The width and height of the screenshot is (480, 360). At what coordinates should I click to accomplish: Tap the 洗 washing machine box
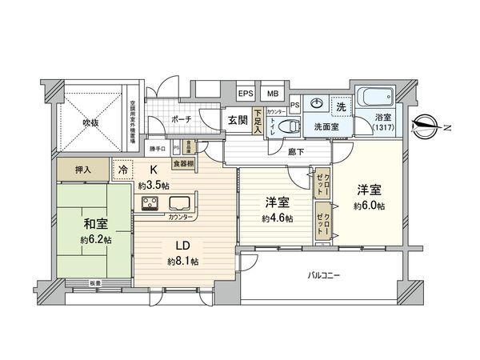340,106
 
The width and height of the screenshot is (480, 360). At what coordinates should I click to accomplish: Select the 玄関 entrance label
237,120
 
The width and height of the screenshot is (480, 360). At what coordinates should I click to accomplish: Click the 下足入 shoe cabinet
258,122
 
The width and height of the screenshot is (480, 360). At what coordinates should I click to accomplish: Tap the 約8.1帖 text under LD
182,262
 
